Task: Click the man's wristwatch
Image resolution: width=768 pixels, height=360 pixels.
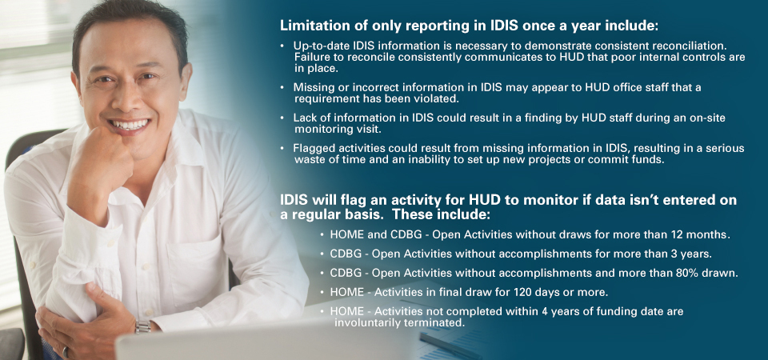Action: [x=142, y=326]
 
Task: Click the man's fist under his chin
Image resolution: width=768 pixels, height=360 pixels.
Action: [x=101, y=160]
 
